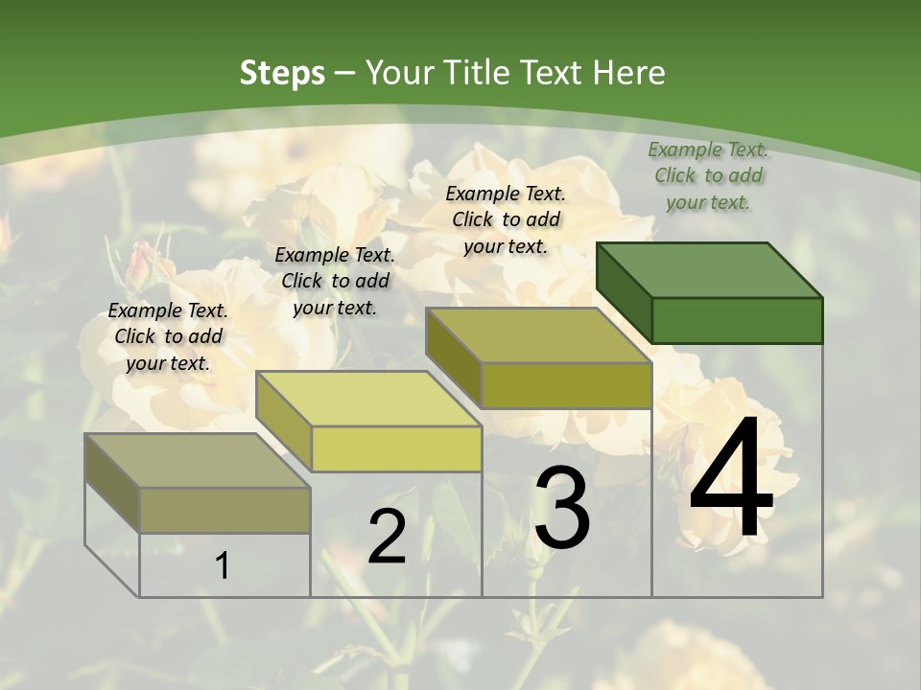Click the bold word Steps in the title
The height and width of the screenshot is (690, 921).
(x=282, y=73)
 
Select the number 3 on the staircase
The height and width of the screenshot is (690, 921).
(x=562, y=507)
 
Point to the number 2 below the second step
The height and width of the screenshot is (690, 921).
(x=387, y=537)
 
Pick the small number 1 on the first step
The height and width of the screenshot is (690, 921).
(x=223, y=566)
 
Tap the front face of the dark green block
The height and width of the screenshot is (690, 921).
(x=737, y=320)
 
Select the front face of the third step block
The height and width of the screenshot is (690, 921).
(x=566, y=385)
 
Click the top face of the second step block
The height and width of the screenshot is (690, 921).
(x=368, y=398)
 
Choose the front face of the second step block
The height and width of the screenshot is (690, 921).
(x=396, y=448)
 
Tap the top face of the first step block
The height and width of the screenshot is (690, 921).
(x=198, y=460)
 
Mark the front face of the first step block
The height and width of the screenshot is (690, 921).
(x=224, y=510)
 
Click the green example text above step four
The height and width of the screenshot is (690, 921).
(x=708, y=175)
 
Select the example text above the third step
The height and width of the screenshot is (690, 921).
(x=506, y=219)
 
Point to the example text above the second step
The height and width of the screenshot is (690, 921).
(x=335, y=281)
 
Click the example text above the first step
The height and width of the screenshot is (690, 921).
(x=168, y=336)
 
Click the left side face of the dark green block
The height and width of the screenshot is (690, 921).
(x=624, y=291)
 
